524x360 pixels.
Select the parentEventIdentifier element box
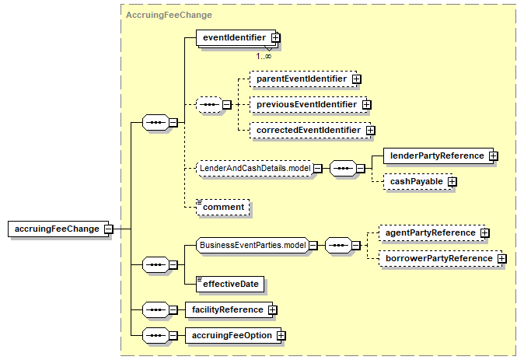303,79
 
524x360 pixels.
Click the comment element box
223,208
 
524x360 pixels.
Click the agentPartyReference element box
432,233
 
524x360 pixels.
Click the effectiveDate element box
230,284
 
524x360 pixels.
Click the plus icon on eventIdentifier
276,38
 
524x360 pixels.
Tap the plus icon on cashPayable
452,182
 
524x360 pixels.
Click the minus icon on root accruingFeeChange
109,229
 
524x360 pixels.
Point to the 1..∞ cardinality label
264,57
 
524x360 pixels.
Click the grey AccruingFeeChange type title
169,15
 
